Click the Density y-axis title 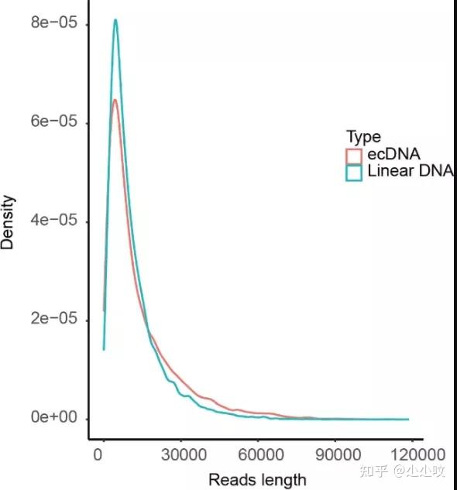point(9,222)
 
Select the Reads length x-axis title point(256,480)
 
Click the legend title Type point(363,137)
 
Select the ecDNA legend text point(393,155)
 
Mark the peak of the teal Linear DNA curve point(115,20)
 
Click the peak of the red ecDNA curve point(115,99)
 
